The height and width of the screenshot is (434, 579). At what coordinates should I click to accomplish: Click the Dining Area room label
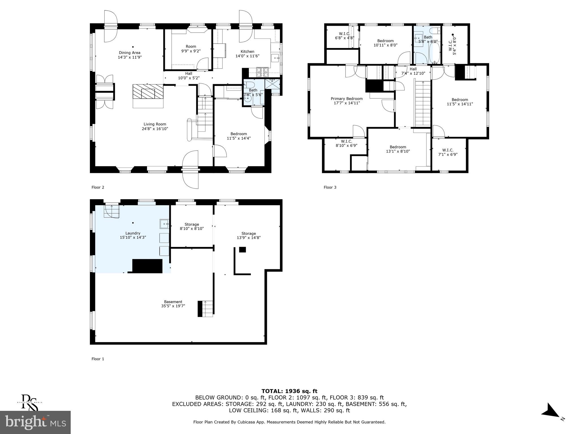coord(129,53)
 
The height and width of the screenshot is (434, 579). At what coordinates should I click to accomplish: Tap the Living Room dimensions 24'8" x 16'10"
coord(155,129)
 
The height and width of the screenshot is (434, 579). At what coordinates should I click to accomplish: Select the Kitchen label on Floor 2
coord(247,51)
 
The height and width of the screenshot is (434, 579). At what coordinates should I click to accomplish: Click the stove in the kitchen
coord(263,72)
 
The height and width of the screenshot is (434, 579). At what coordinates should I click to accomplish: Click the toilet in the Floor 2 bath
coord(249,85)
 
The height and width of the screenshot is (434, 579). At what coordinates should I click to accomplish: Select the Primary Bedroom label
coord(347,99)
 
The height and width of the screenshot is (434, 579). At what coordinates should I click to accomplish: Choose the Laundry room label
coord(133,233)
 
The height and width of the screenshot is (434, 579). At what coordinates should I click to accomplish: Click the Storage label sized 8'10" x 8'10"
coord(192,224)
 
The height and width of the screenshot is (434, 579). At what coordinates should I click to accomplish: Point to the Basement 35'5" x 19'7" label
coord(173,302)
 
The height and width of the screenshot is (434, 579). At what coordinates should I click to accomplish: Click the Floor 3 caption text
coord(330,187)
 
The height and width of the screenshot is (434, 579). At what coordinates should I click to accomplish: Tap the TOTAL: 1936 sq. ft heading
coord(289,391)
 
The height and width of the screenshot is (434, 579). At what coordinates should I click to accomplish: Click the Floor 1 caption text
coord(98,359)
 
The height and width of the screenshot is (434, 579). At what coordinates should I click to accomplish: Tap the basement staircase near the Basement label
coord(206,309)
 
